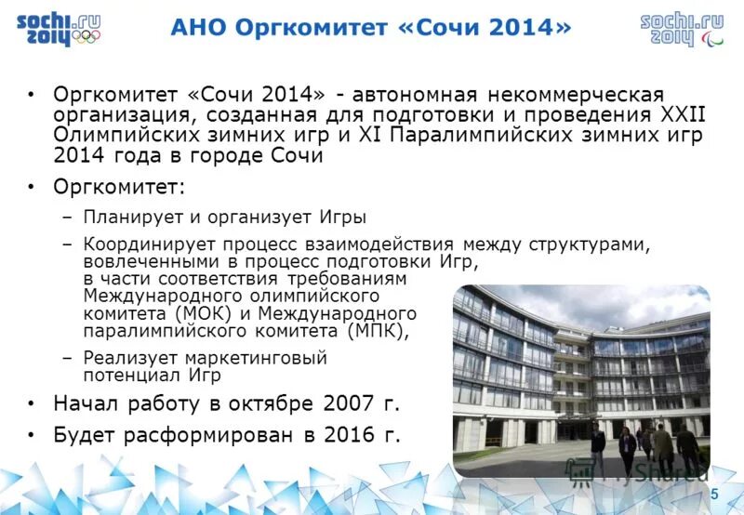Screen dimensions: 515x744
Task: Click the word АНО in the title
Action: (199, 28)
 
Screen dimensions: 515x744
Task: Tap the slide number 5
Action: (714, 494)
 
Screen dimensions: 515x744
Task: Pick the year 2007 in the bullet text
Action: (349, 403)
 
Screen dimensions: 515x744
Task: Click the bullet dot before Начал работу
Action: (31, 404)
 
